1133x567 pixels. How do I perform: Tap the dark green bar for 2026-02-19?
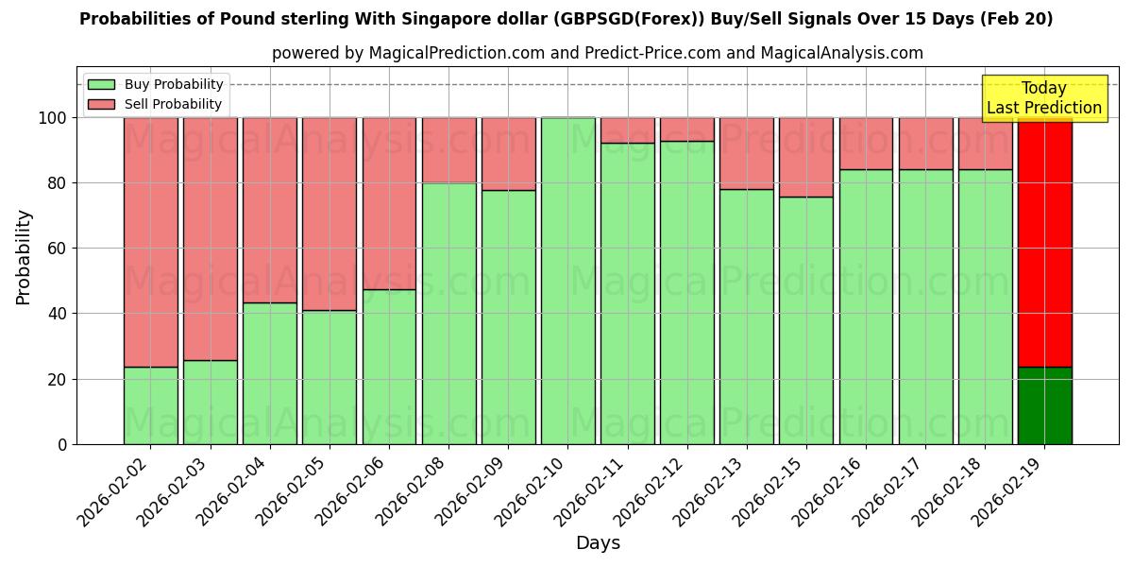1044,405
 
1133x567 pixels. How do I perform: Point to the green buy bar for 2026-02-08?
448,313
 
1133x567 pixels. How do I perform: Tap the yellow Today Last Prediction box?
1044,98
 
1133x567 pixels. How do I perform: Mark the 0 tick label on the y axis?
62,444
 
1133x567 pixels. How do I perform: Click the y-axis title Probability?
24,256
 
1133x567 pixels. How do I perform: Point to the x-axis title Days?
598,543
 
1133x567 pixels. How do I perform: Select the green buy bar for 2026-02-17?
925,306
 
